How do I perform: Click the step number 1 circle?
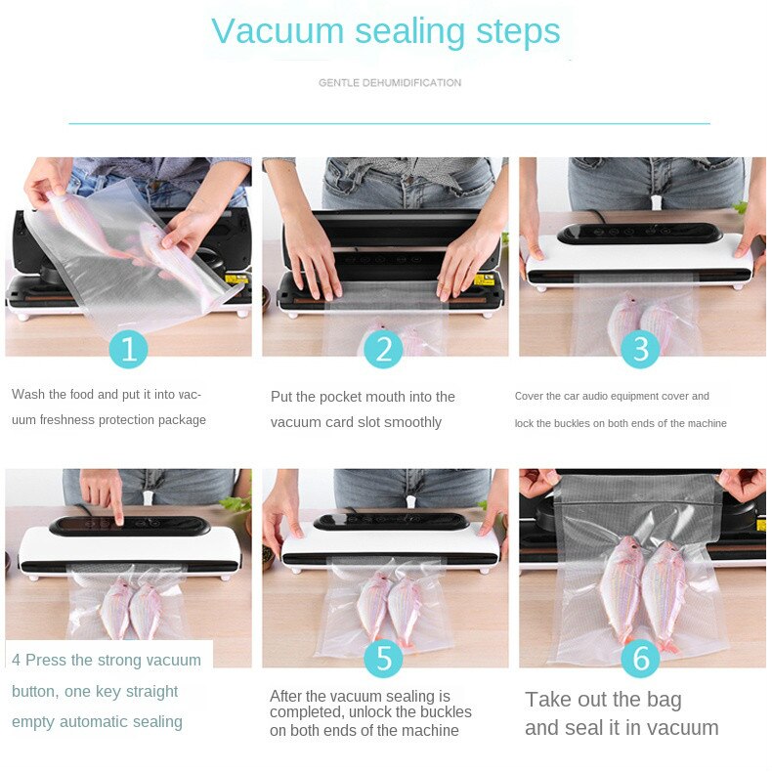(x=128, y=348)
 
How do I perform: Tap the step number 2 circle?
(x=384, y=348)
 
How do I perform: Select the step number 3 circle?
(x=640, y=348)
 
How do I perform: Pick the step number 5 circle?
(x=384, y=658)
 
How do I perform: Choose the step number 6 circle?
(x=640, y=658)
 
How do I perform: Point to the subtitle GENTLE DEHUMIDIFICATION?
(x=390, y=83)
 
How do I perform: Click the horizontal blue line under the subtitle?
(x=389, y=124)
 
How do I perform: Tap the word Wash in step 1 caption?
(x=26, y=395)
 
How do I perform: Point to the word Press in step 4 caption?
(x=46, y=661)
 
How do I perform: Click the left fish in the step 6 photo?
(x=622, y=586)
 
